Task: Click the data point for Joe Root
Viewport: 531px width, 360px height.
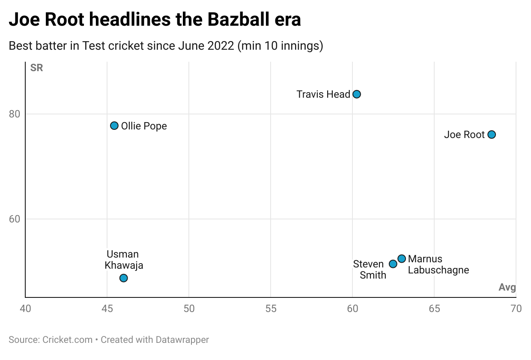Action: pos(492,135)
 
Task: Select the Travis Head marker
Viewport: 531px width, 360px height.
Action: pos(357,94)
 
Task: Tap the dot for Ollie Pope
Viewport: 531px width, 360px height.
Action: pos(114,126)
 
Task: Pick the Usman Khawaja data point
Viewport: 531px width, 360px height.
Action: pos(124,278)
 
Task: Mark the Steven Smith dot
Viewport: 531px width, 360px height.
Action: pos(393,264)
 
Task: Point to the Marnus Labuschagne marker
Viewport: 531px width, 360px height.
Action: pos(402,258)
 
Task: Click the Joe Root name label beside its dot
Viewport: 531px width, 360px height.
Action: pos(464,135)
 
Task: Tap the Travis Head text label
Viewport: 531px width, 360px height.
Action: pos(323,94)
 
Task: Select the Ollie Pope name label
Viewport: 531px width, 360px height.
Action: pos(144,126)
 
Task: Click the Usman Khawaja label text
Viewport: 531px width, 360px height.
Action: pos(124,260)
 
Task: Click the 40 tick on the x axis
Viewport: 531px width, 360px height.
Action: pos(26,309)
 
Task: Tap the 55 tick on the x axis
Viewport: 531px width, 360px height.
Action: pos(271,309)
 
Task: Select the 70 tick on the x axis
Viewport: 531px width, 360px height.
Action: pos(516,309)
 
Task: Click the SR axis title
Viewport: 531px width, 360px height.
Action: pos(36,68)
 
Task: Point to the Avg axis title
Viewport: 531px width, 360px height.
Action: pos(507,288)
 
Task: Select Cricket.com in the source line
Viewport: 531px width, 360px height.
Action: pos(68,340)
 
